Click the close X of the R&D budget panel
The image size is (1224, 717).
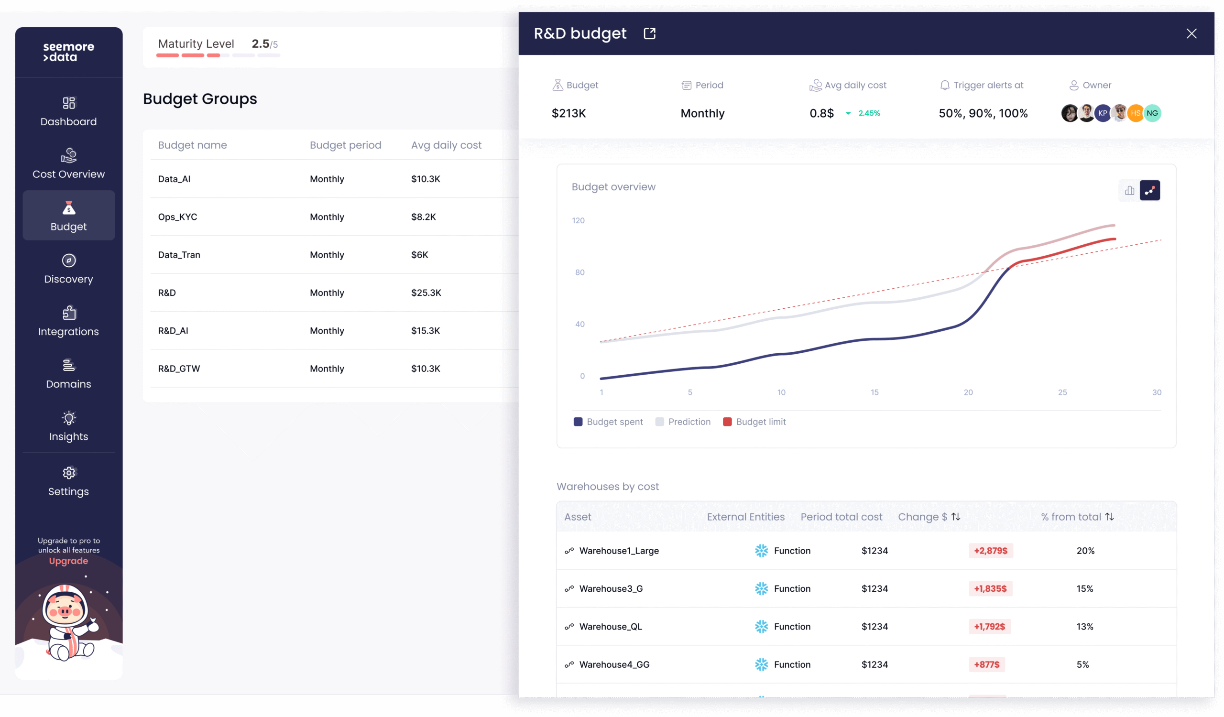click(x=1191, y=33)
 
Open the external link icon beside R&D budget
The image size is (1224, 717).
click(x=649, y=33)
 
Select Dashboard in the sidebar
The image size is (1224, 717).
click(x=68, y=112)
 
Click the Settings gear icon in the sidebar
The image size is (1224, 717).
click(x=69, y=472)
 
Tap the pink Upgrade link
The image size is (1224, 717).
click(x=68, y=561)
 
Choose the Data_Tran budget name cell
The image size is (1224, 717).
click(x=179, y=255)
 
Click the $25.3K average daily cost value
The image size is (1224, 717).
click(x=426, y=293)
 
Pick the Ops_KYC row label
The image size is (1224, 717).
click(x=178, y=217)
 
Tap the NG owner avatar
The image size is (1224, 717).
click(x=1152, y=113)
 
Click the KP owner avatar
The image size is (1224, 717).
click(x=1103, y=113)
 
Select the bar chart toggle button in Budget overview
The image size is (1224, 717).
click(x=1130, y=190)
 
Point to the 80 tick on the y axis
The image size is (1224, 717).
click(x=580, y=272)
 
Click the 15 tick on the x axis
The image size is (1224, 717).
click(x=874, y=392)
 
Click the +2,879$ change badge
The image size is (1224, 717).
click(x=991, y=551)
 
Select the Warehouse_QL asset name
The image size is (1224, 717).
click(x=611, y=627)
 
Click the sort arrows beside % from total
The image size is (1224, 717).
click(x=1109, y=517)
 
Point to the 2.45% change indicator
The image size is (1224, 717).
click(x=869, y=113)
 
